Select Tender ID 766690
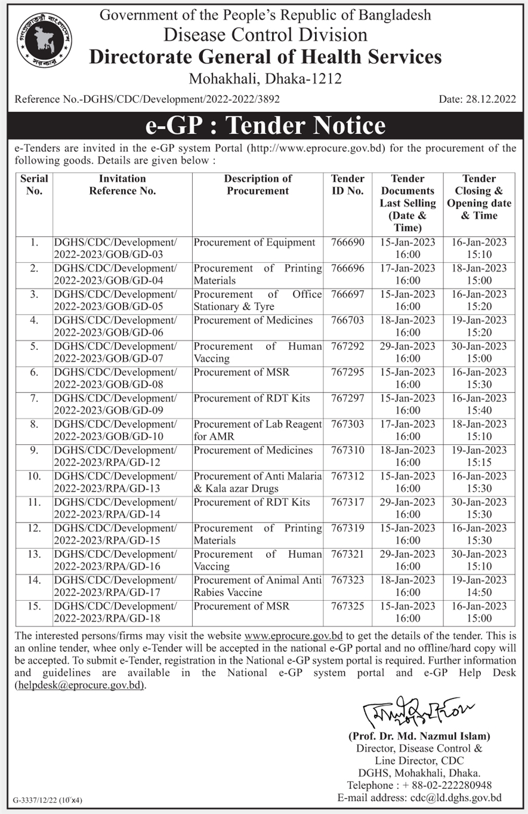tap(347, 242)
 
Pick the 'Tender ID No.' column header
tap(347, 185)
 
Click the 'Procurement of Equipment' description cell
tap(254, 242)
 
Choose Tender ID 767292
tap(347, 346)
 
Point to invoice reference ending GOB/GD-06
tap(115, 326)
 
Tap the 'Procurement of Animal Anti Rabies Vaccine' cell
tap(257, 586)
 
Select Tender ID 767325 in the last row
tap(347, 606)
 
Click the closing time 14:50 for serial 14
tap(479, 592)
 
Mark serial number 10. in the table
tap(35, 476)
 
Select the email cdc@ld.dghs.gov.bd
tap(455, 797)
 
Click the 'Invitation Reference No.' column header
tap(122, 185)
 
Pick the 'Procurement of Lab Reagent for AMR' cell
tap(257, 430)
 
